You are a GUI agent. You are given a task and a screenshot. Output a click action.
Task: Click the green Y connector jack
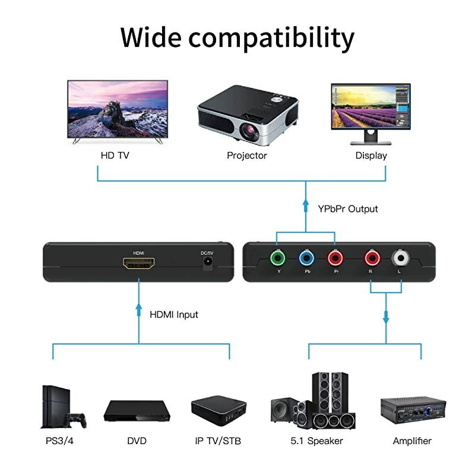tap(276, 258)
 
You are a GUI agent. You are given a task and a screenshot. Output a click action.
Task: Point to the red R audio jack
tap(372, 258)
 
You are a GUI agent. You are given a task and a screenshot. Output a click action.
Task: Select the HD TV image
tap(118, 110)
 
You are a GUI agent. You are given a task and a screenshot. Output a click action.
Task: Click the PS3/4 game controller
tap(76, 420)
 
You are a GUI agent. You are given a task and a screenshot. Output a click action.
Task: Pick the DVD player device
tap(136, 411)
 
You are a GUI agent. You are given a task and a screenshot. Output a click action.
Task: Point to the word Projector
tap(247, 156)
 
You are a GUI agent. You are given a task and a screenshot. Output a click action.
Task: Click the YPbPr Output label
tap(347, 209)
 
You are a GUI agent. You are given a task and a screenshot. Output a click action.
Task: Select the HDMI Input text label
tap(174, 314)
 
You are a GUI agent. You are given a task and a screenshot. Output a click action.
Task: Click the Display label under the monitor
tap(371, 156)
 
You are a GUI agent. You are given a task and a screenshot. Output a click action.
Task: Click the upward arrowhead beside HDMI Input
tap(139, 309)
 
